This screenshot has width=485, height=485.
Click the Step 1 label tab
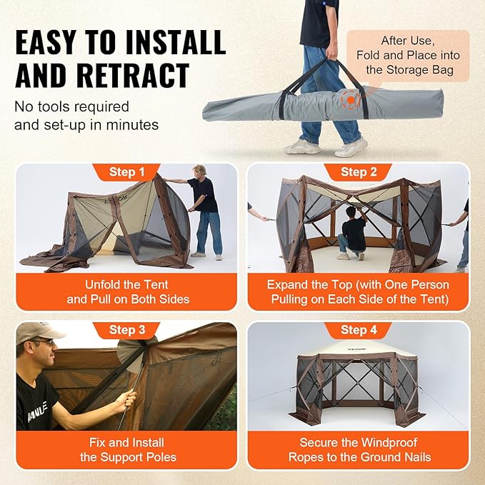pyautogui.click(x=126, y=172)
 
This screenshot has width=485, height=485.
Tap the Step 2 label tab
pyautogui.click(x=358, y=172)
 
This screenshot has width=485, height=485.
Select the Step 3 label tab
pyautogui.click(x=126, y=330)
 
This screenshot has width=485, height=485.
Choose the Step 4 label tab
pyautogui.click(x=358, y=330)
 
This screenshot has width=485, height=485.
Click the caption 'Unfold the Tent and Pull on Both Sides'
pyautogui.click(x=127, y=291)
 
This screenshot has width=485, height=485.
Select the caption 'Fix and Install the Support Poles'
pyautogui.click(x=127, y=450)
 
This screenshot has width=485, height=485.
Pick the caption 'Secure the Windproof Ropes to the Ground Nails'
pyautogui.click(x=358, y=450)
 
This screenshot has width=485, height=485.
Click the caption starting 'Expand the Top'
pyautogui.click(x=358, y=291)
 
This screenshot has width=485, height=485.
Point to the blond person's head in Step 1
pyautogui.click(x=199, y=172)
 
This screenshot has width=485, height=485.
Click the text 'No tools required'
pyautogui.click(x=71, y=106)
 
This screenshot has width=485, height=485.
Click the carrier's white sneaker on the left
pyautogui.click(x=304, y=146)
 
